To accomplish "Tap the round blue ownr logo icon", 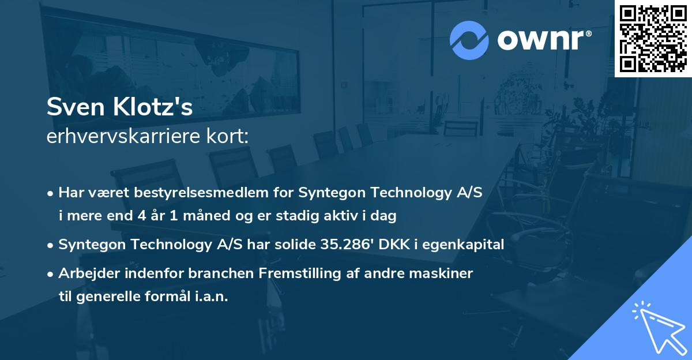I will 469,40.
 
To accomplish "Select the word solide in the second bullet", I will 296,244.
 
